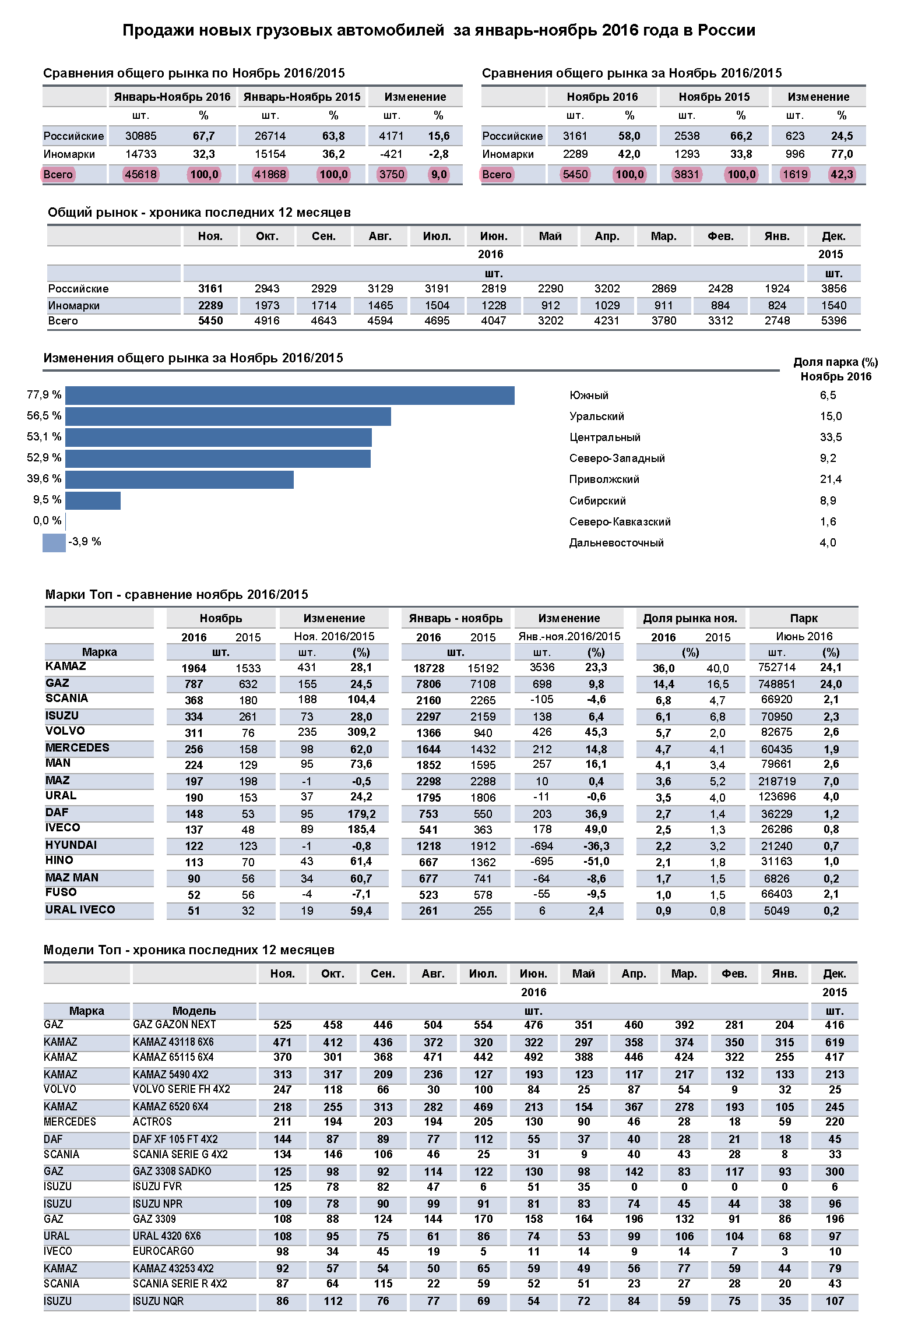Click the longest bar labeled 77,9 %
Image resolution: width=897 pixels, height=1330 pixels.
click(290, 396)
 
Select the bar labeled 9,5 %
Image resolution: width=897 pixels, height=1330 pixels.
click(93, 500)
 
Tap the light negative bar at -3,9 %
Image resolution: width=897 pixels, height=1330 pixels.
click(54, 542)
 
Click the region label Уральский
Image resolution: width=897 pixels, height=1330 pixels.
click(596, 417)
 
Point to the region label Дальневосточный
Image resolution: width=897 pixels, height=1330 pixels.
click(616, 543)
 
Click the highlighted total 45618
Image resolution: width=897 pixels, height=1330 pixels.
click(140, 174)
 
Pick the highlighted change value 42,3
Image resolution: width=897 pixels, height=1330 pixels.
click(841, 174)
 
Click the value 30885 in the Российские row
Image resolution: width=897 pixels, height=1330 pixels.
click(140, 136)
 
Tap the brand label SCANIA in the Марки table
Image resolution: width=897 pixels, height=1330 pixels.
click(66, 698)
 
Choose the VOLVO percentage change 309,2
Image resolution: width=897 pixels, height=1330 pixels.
click(361, 732)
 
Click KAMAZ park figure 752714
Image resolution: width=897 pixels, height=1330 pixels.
click(776, 668)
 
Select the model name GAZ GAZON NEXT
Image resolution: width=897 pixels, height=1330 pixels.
click(174, 1025)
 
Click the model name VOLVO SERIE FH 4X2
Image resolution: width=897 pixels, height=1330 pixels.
click(181, 1089)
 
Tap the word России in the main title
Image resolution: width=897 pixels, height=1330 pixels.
click(726, 30)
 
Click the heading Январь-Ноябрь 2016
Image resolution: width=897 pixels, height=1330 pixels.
click(172, 97)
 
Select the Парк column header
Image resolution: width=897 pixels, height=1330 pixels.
click(803, 619)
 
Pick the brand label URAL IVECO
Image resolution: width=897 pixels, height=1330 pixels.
click(80, 910)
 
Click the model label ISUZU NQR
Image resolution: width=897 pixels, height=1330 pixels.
click(158, 1301)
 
